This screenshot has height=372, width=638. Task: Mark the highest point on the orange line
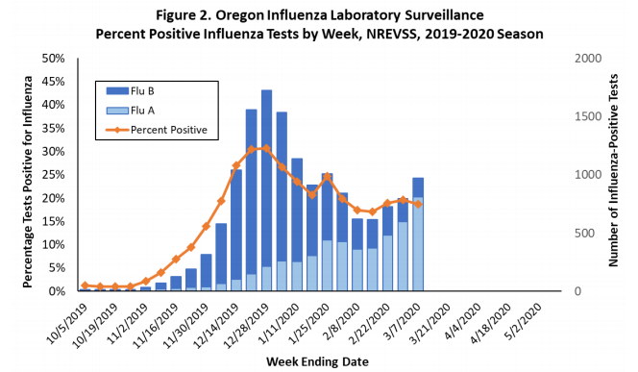[266, 148]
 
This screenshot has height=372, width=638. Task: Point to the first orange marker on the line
[85, 285]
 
